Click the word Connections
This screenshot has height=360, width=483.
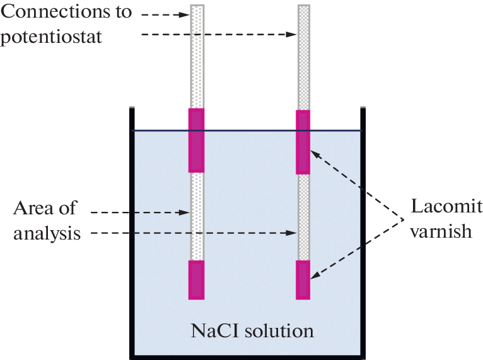point(66,13)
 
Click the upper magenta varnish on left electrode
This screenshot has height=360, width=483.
point(197,140)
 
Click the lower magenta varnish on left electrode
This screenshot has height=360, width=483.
point(197,279)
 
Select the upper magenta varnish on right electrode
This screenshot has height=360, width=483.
point(303,142)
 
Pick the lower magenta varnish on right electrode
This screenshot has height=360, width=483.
point(303,279)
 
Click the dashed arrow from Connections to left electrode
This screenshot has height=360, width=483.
point(164,13)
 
